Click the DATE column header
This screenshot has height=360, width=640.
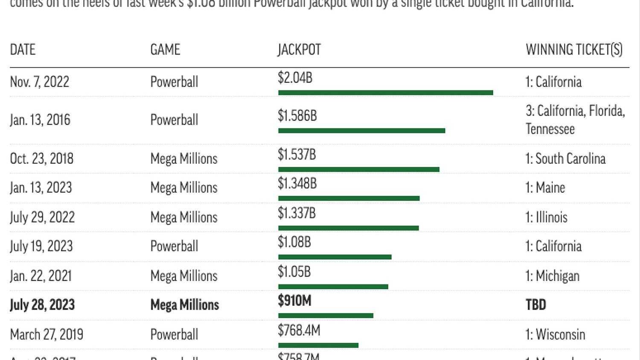coord(23,49)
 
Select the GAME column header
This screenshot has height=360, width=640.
coord(165,49)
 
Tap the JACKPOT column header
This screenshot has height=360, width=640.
coord(299,49)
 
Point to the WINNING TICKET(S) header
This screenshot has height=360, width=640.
coord(574,49)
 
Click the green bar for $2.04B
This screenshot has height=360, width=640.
coord(385,93)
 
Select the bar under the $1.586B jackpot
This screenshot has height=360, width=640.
coord(361,131)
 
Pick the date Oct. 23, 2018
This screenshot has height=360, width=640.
coord(42,159)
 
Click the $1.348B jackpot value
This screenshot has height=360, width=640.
coord(297,183)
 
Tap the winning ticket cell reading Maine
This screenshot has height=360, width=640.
coord(545,188)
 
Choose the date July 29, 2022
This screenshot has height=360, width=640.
coord(42,217)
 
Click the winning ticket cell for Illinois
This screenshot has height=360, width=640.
coord(547,217)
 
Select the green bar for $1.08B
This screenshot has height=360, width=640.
coord(335,257)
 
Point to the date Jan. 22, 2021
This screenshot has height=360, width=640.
coord(41,276)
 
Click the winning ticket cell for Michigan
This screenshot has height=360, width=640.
coord(553,276)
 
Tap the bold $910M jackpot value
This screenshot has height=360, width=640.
coord(294,301)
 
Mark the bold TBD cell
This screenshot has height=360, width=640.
coord(536,305)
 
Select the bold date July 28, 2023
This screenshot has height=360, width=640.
coord(42,305)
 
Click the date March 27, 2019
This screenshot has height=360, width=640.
coord(47,334)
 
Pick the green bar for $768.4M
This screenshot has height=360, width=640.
coord(318,345)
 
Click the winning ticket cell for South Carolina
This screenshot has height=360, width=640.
coord(565,159)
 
